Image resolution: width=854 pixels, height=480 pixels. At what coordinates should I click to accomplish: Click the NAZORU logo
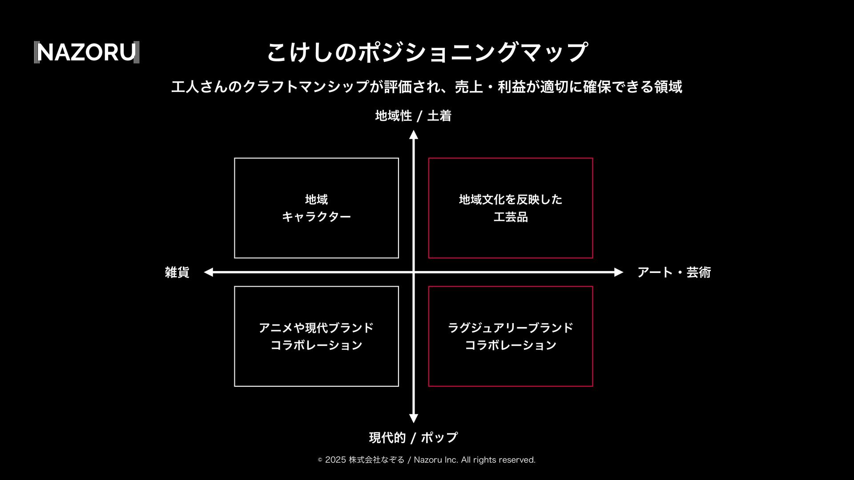[x=87, y=52]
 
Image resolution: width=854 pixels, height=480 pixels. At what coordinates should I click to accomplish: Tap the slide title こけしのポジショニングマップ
[x=427, y=52]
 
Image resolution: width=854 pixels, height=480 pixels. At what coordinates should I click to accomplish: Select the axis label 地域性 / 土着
[x=413, y=116]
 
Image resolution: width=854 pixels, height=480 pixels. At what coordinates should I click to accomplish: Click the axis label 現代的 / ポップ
[x=413, y=438]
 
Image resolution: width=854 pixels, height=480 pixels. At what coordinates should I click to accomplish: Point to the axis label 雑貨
[x=177, y=272]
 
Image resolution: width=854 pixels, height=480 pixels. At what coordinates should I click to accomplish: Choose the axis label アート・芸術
[x=674, y=272]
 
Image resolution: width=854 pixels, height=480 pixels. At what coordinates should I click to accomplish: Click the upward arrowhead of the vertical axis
[x=414, y=134]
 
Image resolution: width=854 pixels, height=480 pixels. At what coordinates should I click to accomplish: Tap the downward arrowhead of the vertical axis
[x=414, y=418]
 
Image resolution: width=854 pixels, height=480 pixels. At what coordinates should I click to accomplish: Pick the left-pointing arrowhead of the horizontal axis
[x=208, y=272]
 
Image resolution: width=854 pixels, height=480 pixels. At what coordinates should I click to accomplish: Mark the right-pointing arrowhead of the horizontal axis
[x=619, y=272]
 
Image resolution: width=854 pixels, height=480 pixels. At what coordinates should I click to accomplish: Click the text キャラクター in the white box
[x=316, y=217]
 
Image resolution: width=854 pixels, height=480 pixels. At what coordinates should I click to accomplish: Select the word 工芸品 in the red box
[x=511, y=217]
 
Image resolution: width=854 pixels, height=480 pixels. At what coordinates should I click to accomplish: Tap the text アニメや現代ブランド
[x=316, y=328]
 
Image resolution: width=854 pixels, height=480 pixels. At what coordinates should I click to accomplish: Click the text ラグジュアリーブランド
[x=511, y=328]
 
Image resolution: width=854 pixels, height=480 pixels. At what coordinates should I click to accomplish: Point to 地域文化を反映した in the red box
[x=511, y=200]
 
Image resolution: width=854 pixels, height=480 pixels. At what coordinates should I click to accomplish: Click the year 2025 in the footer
[x=335, y=460]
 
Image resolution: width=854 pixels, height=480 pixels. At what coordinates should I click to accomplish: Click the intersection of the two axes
[x=414, y=272]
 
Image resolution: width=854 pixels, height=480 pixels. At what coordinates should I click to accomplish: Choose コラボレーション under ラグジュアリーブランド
[x=511, y=345]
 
